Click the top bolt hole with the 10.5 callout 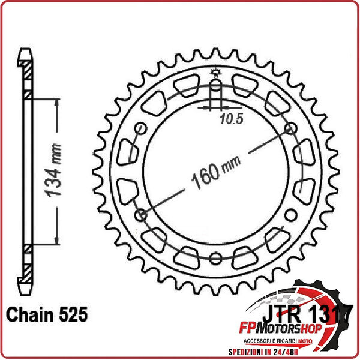click(216, 85)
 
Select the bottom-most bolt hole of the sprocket click(216, 258)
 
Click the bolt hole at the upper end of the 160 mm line click(292, 128)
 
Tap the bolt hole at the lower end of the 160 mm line click(141, 215)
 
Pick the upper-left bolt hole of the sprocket click(141, 128)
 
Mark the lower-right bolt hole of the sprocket click(291, 215)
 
